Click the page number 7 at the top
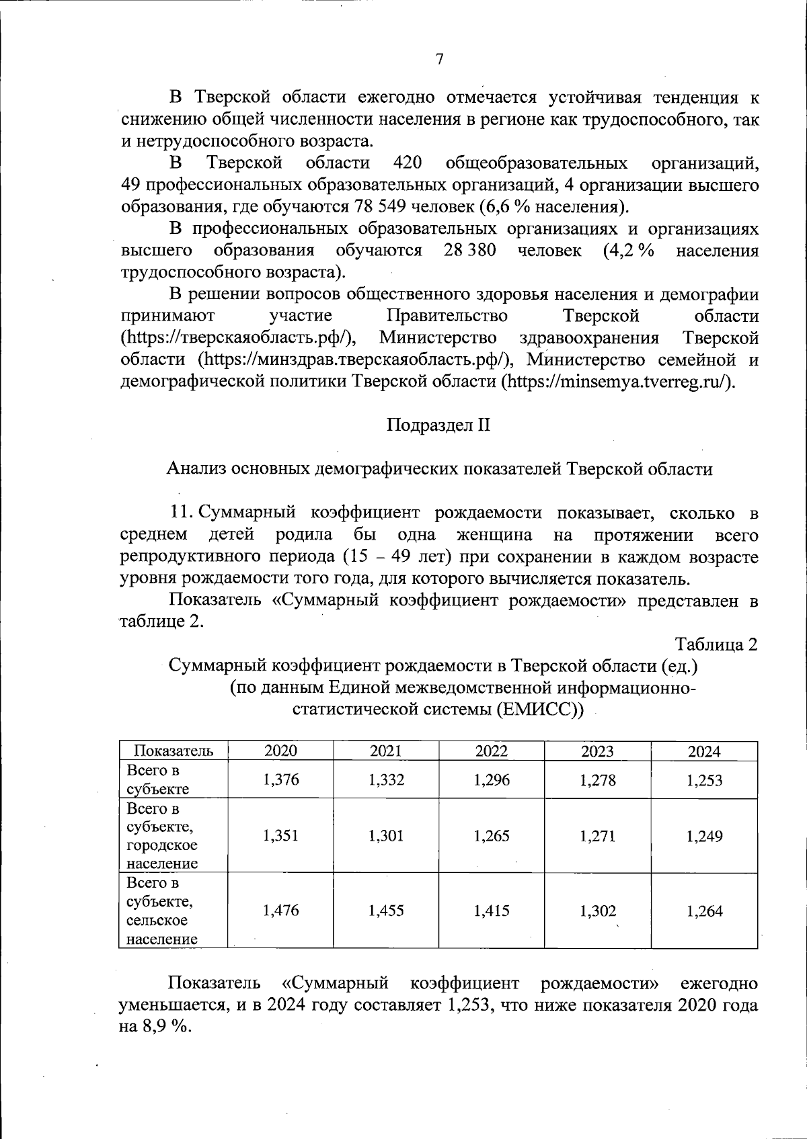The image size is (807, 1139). (x=439, y=59)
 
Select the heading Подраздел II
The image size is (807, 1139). (x=438, y=425)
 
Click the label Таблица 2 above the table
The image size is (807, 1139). (x=716, y=644)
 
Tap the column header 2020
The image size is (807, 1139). (x=281, y=751)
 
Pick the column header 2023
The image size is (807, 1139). (x=597, y=751)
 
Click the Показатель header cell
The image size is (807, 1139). (x=174, y=751)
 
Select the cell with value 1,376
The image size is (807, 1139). (x=281, y=779)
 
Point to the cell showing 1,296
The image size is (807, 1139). (x=492, y=779)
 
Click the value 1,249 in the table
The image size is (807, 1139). (x=704, y=836)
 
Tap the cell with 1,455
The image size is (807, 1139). (x=386, y=911)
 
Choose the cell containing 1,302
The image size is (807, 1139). (x=597, y=911)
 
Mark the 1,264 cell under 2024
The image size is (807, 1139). (x=704, y=911)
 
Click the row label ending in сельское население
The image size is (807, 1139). (x=162, y=911)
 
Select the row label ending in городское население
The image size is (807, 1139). (x=162, y=836)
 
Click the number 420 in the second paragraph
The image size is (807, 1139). (x=407, y=163)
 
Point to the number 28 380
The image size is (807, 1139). (x=470, y=251)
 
